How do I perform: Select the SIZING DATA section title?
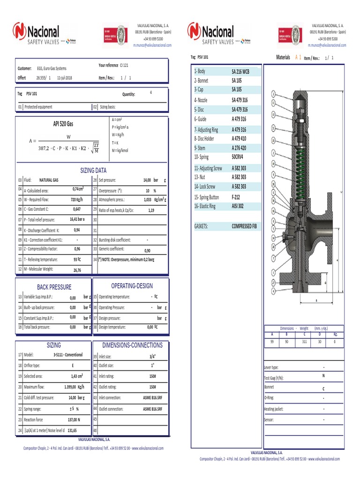tap(94, 171)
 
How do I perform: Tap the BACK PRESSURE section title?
tap(54, 287)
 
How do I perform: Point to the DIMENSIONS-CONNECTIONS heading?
tap(132, 345)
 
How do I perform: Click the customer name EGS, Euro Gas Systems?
tap(53, 68)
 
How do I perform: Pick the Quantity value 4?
tap(150, 93)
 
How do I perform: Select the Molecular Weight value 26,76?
tap(77, 270)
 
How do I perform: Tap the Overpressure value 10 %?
tap(150, 191)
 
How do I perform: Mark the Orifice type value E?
tap(72, 366)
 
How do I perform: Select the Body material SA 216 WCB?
tap(240, 72)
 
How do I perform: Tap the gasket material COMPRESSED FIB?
tap(244, 226)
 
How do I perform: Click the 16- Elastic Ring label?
tap(205, 206)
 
